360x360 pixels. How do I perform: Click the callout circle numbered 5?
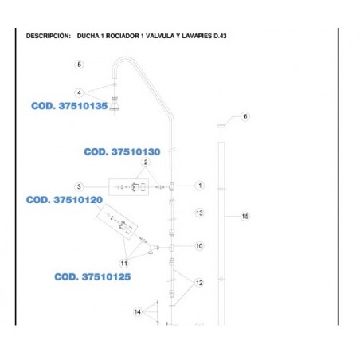pyautogui.click(x=79, y=65)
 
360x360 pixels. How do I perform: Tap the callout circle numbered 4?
pyautogui.click(x=79, y=93)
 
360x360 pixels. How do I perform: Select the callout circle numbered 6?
pyautogui.click(x=245, y=116)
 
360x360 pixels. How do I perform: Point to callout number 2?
pyautogui.click(x=146, y=162)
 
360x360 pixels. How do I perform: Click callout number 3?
pyautogui.click(x=79, y=187)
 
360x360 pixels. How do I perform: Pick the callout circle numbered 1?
pyautogui.click(x=200, y=186)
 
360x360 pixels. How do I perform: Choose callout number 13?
pyautogui.click(x=199, y=213)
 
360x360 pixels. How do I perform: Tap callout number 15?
pyautogui.click(x=245, y=217)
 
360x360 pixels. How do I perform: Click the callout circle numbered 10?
pyautogui.click(x=199, y=246)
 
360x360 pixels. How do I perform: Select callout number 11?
pyautogui.click(x=124, y=264)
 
